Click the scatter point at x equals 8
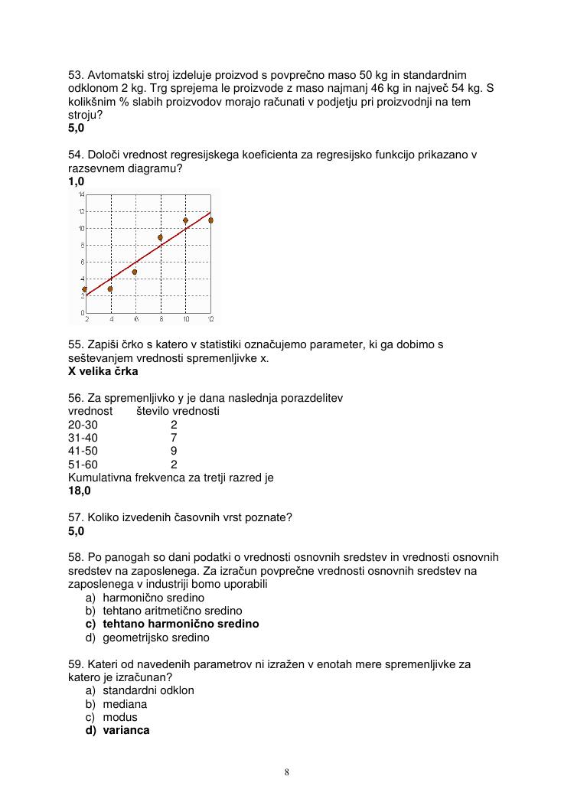[x=160, y=237]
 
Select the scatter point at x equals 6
[x=135, y=272]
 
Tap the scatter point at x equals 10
[x=185, y=220]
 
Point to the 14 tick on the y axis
[x=81, y=195]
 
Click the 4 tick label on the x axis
[x=111, y=319]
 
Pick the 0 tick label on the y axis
[x=82, y=312]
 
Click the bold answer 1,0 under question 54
[x=76, y=181]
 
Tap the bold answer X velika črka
[x=103, y=371]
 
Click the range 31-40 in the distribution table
[x=83, y=438]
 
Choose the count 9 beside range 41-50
[x=174, y=451]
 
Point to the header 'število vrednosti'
[x=178, y=411]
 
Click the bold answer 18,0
[x=80, y=491]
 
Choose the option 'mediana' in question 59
[x=125, y=703]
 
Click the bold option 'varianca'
[x=126, y=730]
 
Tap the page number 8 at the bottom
[x=287, y=771]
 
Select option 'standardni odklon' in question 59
[x=148, y=690]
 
